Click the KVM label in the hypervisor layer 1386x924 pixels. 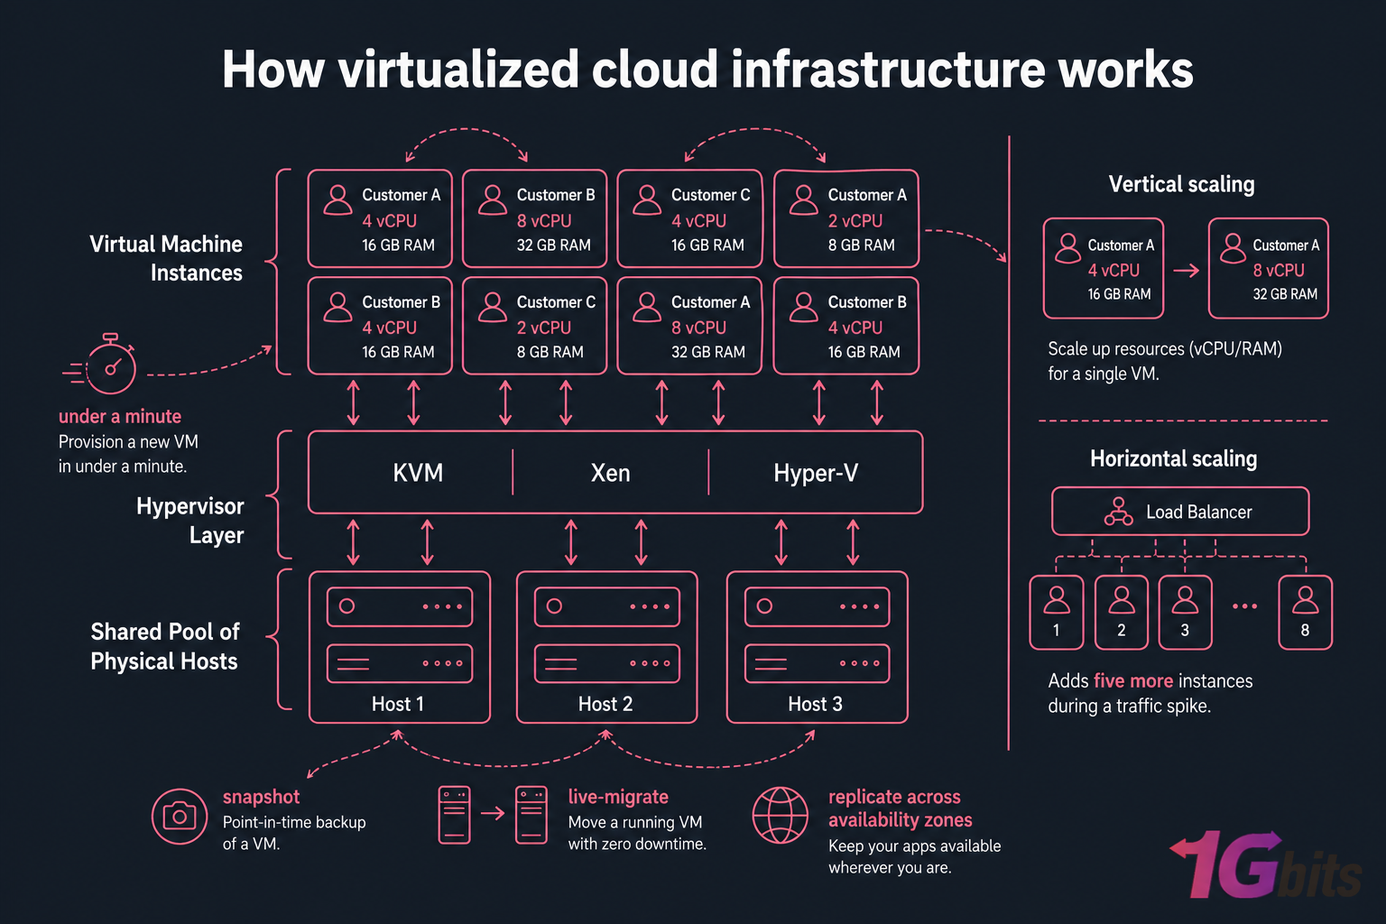(418, 473)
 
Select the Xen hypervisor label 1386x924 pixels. (610, 473)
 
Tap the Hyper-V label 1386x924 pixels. (816, 473)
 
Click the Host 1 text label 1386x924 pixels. (398, 704)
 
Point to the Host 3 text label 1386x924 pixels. (815, 704)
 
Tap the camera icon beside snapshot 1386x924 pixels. (179, 816)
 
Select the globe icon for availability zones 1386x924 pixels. (781, 815)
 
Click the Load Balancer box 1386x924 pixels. (1180, 512)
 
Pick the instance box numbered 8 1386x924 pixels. (1305, 612)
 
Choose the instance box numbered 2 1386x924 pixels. (1122, 612)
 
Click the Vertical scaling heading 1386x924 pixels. (1181, 184)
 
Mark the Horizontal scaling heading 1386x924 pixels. (1173, 458)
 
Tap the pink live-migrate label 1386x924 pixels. (618, 797)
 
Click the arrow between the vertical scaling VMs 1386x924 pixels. (1186, 270)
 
